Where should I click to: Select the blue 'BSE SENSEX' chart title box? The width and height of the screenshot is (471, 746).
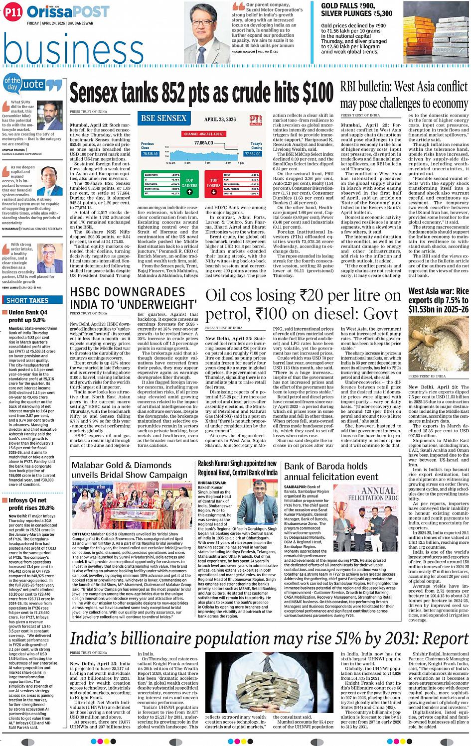pos(163,119)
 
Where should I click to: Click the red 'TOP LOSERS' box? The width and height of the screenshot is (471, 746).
pos(214,183)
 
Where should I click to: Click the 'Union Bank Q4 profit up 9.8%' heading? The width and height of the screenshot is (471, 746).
pos(27,316)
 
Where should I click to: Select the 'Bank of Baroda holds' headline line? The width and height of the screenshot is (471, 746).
pos(325,466)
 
